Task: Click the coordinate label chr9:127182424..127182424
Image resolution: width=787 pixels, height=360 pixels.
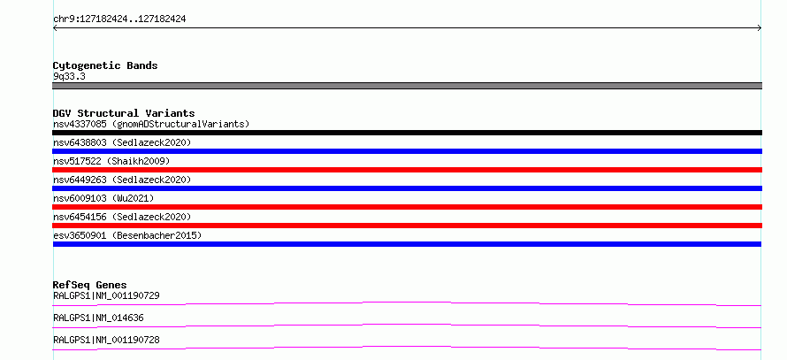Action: pyautogui.click(x=119, y=19)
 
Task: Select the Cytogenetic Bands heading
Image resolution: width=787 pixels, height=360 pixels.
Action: pyautogui.click(x=105, y=65)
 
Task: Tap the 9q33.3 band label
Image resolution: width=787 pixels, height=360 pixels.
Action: pyautogui.click(x=69, y=77)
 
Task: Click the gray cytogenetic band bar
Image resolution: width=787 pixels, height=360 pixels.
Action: pyautogui.click(x=407, y=86)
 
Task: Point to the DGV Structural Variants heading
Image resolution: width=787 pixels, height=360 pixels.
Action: pyautogui.click(x=124, y=113)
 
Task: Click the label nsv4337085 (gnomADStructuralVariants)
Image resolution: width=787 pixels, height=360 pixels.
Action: pyautogui.click(x=151, y=124)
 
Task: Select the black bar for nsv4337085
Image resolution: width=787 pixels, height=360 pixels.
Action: pyautogui.click(x=407, y=133)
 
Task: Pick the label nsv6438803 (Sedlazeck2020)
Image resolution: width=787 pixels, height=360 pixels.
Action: pyautogui.click(x=122, y=142)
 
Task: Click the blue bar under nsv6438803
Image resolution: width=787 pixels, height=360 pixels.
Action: pyautogui.click(x=407, y=151)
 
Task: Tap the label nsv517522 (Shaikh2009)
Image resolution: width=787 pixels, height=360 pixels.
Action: pyautogui.click(x=111, y=161)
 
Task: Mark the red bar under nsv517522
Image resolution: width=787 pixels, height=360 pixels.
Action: pyautogui.click(x=407, y=170)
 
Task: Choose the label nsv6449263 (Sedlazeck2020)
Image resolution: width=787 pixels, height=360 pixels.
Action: pyautogui.click(x=122, y=180)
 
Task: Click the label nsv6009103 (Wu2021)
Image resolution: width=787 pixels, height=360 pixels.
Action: pyautogui.click(x=103, y=198)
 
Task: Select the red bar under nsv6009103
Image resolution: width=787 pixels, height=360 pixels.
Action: pyautogui.click(x=407, y=207)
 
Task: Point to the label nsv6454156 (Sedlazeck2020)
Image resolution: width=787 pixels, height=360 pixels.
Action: pyautogui.click(x=122, y=217)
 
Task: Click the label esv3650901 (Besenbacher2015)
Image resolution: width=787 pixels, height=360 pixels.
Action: pyautogui.click(x=127, y=235)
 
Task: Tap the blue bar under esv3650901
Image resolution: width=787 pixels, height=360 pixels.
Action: pyautogui.click(x=407, y=244)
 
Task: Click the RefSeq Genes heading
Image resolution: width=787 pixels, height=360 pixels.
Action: pyautogui.click(x=90, y=285)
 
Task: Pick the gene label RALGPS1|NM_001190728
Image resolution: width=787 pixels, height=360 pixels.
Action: pyautogui.click(x=106, y=340)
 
